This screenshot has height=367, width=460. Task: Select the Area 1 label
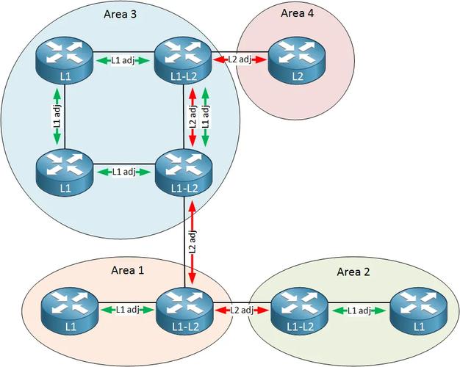(x=128, y=270)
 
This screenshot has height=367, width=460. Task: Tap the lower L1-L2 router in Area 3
(x=182, y=172)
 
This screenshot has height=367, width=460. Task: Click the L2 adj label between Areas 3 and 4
(x=240, y=59)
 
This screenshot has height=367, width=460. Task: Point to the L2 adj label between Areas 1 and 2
(x=241, y=310)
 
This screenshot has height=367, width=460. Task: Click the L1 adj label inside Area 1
(x=126, y=310)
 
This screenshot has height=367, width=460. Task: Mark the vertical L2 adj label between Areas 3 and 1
(x=192, y=242)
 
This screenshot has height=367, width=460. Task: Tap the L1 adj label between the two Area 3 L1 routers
(x=57, y=116)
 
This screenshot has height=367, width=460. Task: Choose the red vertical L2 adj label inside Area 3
(x=193, y=116)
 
